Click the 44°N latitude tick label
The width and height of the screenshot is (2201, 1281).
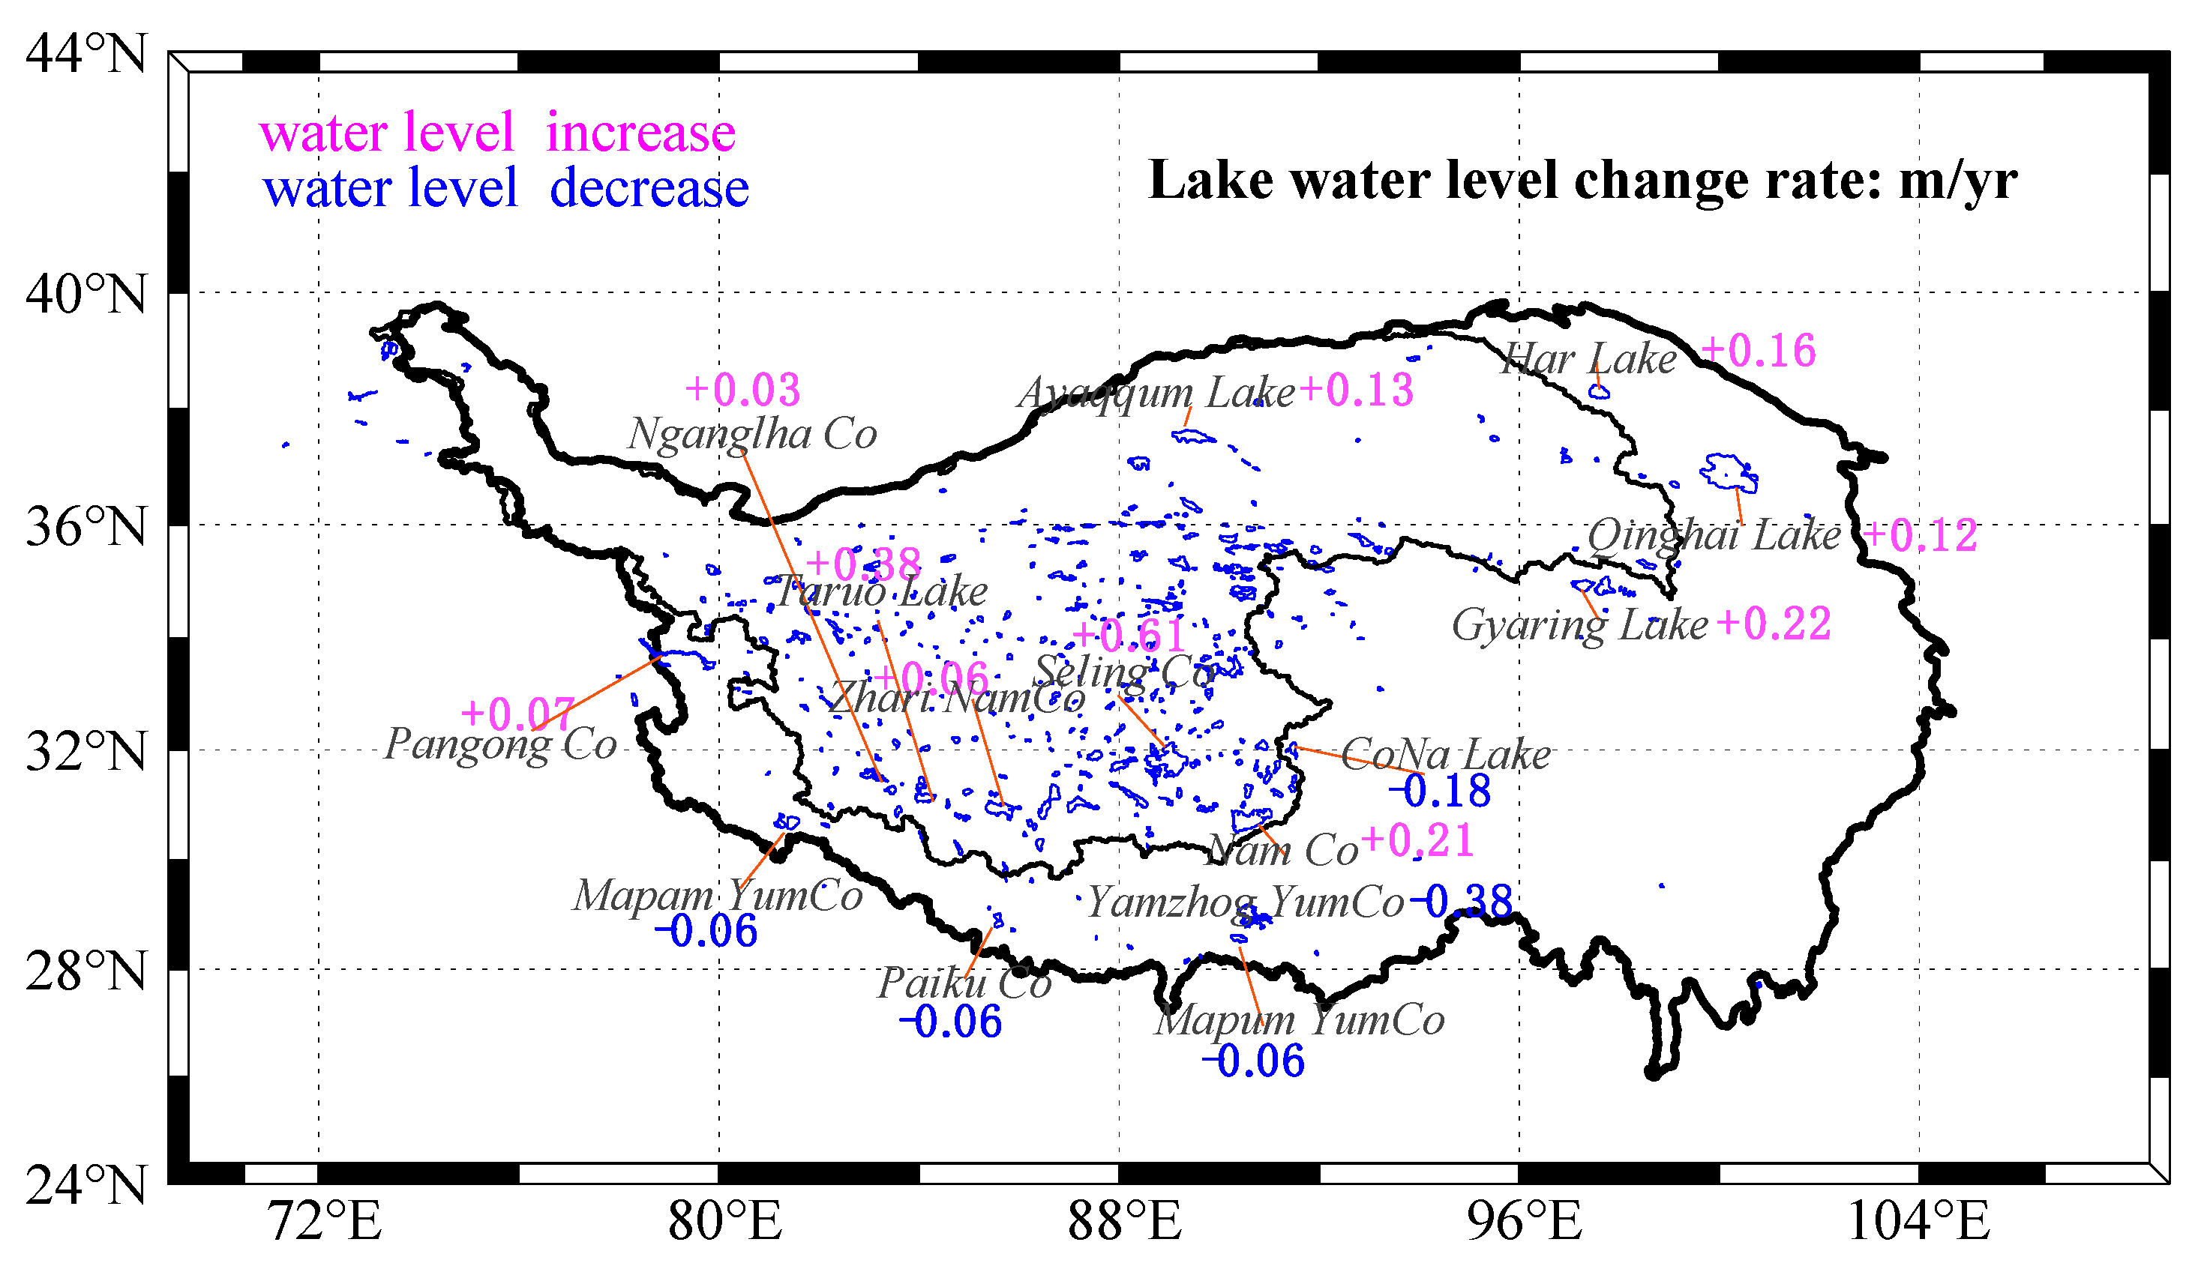coord(85,53)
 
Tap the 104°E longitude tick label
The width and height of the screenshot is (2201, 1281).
coord(1918,1221)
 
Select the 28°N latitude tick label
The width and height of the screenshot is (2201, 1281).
coord(85,971)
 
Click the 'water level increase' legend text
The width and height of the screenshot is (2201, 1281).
coord(498,133)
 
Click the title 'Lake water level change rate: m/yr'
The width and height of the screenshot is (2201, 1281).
coord(1582,181)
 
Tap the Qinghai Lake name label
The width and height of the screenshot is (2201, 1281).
coord(1714,534)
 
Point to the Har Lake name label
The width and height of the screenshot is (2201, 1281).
coord(1588,358)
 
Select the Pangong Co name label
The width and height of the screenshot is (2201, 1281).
coord(500,745)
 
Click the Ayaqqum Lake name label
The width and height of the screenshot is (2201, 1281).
coord(1156,393)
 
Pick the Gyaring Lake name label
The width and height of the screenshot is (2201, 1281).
coord(1579,625)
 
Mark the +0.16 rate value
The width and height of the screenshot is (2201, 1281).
coord(1759,351)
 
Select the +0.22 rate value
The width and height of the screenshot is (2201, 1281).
coord(1773,624)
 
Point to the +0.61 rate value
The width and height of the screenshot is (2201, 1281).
coord(1128,636)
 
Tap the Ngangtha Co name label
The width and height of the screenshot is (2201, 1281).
coord(752,434)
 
